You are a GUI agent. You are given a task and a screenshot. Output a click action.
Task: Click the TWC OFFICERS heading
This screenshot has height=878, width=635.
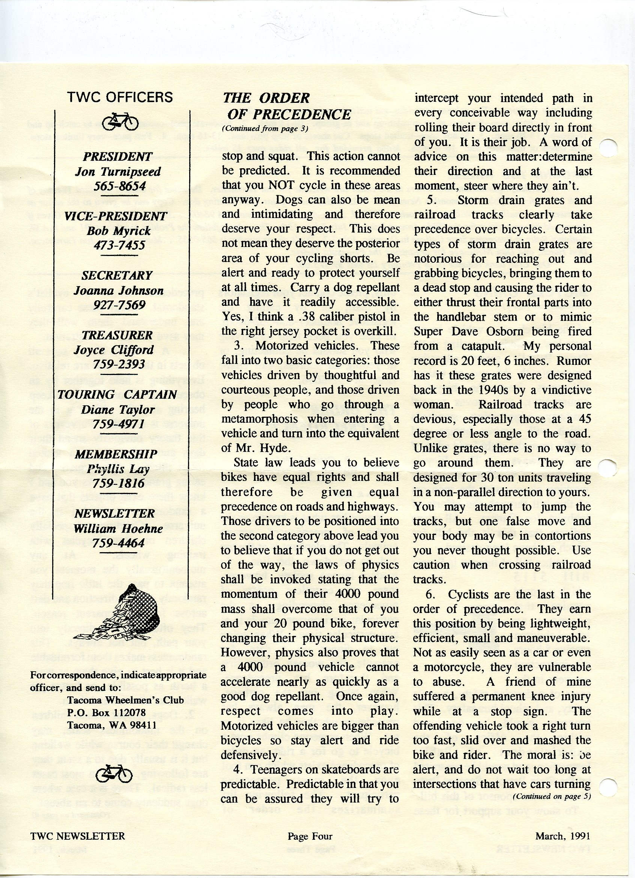point(120,97)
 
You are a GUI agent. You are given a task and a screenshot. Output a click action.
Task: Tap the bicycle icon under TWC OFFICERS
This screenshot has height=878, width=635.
point(120,122)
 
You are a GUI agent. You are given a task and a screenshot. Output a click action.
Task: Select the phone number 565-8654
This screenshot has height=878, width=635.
point(120,186)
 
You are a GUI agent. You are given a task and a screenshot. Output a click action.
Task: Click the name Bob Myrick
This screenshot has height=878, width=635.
point(119,231)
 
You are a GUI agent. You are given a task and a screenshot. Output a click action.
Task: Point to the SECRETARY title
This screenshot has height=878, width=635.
point(117,276)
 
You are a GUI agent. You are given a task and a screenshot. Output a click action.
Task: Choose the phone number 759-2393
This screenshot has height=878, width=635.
point(119,364)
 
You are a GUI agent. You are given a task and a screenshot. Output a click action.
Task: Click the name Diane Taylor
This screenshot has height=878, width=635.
point(117,410)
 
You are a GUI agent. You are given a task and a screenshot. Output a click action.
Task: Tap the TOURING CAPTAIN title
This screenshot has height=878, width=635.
point(117,395)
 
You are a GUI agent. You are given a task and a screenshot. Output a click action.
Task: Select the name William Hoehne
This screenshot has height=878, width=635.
point(119,529)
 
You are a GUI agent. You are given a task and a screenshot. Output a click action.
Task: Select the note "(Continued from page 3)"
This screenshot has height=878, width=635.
point(265,129)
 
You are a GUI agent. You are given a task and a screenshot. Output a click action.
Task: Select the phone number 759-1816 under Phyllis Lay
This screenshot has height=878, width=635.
point(119,483)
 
